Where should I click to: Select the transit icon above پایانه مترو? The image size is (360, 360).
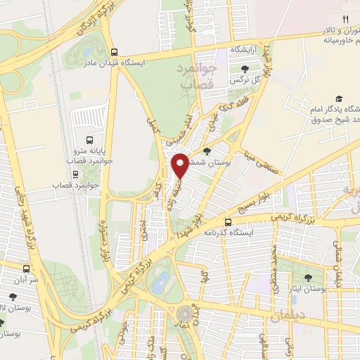tap(88, 139)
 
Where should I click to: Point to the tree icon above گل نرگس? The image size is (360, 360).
tap(245, 69)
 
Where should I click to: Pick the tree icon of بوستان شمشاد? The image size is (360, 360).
tap(206, 150)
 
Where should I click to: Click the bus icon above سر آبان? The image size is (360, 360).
tap(27, 269)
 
